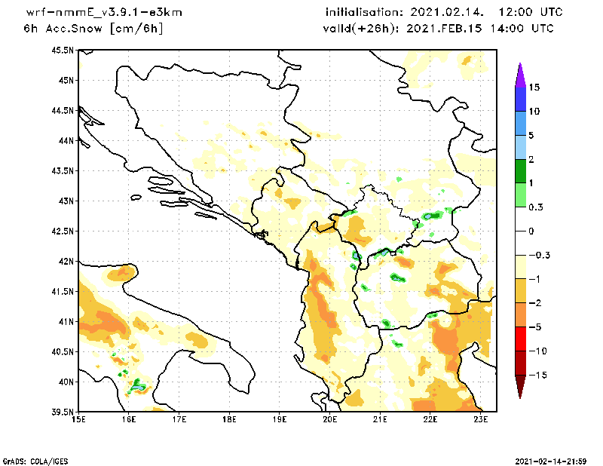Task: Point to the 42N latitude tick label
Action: (65, 262)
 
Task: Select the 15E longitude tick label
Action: (78, 419)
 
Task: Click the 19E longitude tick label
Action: (280, 419)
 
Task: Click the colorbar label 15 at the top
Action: (534, 87)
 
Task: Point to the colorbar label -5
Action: (534, 327)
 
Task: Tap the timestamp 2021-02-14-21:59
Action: (549, 460)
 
